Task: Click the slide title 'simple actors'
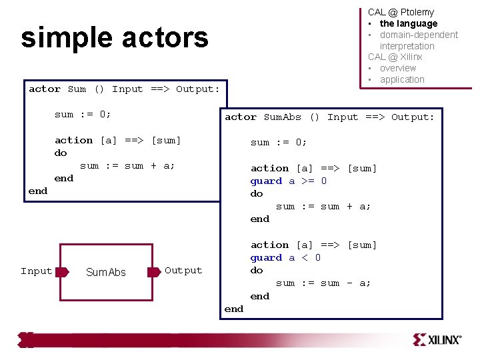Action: (115, 39)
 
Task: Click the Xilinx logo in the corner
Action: (437, 339)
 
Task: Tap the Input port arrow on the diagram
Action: (62, 271)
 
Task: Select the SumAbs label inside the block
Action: (106, 272)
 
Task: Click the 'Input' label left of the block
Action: (36, 271)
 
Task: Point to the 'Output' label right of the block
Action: (183, 270)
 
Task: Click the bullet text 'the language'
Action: (408, 23)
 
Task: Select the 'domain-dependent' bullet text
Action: (419, 35)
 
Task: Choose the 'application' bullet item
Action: (402, 79)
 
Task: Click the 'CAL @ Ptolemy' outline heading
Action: (401, 12)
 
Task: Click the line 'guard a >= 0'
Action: (289, 181)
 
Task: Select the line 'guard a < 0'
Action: (285, 257)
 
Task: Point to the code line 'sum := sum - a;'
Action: (323, 283)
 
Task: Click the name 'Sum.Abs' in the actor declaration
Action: (283, 117)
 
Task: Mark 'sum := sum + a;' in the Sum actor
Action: (127, 165)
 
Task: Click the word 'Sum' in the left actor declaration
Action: (77, 89)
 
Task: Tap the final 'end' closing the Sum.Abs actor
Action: (234, 309)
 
